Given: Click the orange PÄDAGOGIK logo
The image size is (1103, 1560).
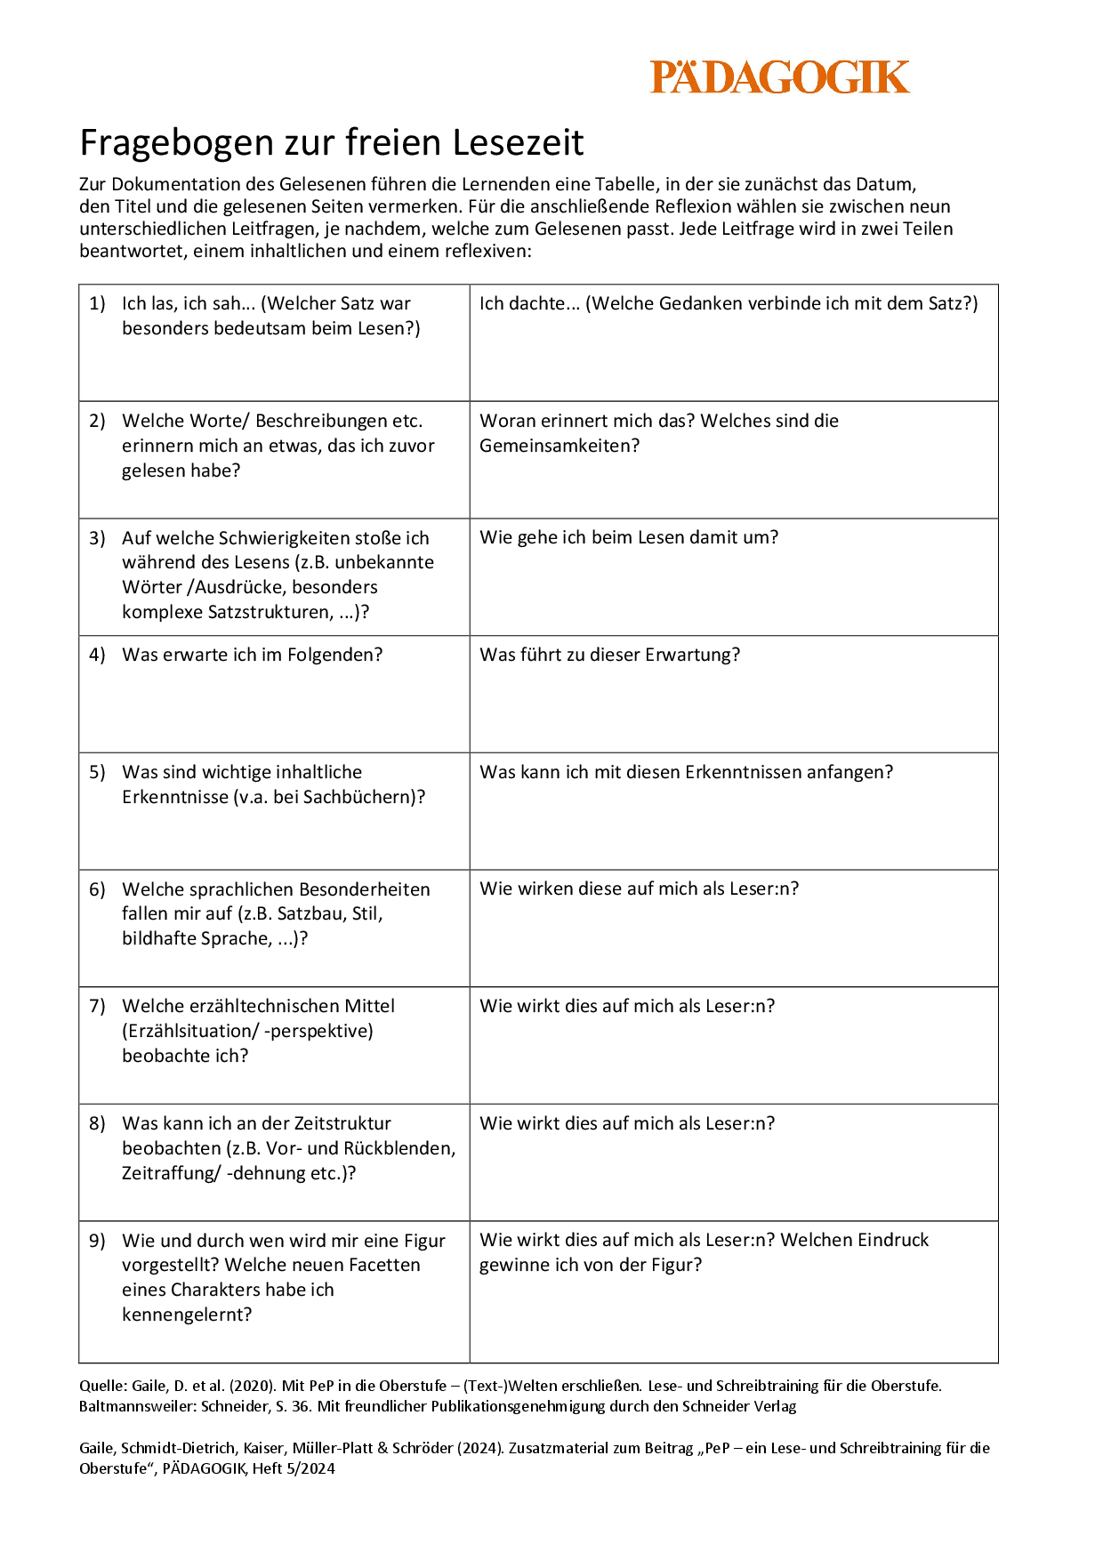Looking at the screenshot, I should point(779,77).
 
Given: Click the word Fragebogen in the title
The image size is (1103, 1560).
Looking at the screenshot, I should point(174,143).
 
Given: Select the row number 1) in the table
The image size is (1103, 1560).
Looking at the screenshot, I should point(97,303).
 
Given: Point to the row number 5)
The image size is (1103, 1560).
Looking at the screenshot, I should point(97,772).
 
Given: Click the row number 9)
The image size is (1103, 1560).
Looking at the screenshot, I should point(97,1241).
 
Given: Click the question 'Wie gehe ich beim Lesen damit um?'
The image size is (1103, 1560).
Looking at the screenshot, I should point(629,537).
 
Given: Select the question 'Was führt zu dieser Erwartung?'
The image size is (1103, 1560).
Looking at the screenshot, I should point(609,655).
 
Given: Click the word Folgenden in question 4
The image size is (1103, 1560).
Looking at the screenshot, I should point(327,655).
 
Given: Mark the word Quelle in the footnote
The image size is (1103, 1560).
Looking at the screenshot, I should point(102,1386).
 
